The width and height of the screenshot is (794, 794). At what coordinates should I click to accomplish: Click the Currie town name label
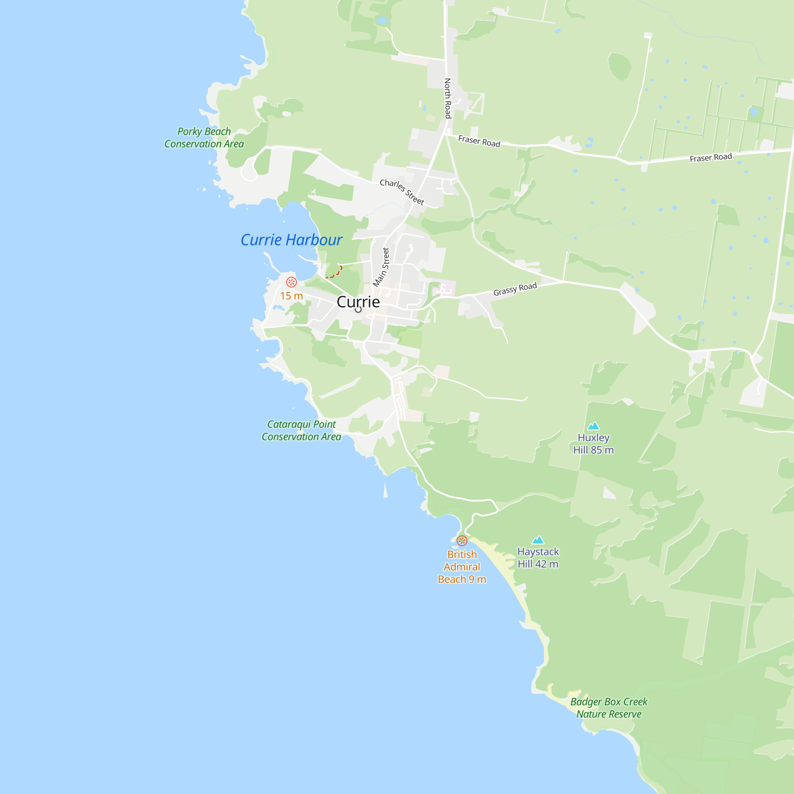tap(358, 302)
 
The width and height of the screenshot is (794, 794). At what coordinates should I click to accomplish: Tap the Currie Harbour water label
tap(291, 240)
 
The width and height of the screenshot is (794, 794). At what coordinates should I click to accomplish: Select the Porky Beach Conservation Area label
tap(204, 138)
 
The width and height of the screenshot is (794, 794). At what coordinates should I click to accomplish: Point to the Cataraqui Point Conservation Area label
tap(301, 430)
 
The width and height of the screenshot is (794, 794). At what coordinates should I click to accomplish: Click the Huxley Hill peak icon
tap(593, 426)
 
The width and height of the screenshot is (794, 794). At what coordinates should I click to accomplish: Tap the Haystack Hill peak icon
tap(538, 540)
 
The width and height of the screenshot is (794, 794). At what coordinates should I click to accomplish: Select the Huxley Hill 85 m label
tap(594, 444)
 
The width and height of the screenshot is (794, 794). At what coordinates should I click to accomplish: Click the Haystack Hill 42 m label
tap(538, 558)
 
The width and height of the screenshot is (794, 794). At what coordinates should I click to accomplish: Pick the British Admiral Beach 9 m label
tap(462, 567)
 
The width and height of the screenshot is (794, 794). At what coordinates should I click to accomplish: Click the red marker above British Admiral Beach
tap(462, 541)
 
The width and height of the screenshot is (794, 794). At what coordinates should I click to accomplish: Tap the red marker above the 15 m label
tap(291, 282)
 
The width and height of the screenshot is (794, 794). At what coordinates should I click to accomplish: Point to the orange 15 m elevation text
tap(291, 296)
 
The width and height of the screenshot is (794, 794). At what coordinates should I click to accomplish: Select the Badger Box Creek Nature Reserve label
tap(609, 708)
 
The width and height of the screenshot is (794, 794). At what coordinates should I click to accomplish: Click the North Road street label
tap(448, 98)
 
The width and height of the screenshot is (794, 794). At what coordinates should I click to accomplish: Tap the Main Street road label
tap(381, 267)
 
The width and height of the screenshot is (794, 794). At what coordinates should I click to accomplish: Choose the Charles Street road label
tap(401, 191)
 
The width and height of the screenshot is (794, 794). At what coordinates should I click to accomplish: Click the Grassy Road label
tap(515, 289)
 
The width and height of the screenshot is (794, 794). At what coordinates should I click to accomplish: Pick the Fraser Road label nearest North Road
tap(479, 141)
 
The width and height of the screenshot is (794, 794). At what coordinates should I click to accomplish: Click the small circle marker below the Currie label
tap(358, 310)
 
